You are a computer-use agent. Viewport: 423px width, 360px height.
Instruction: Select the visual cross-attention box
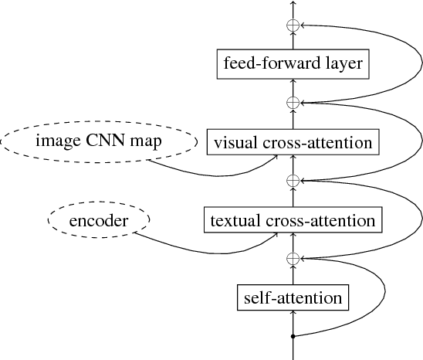pyautogui.click(x=293, y=142)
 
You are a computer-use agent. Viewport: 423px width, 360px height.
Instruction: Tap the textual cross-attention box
pyautogui.click(x=292, y=220)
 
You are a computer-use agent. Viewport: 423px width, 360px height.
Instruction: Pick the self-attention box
pyautogui.click(x=292, y=297)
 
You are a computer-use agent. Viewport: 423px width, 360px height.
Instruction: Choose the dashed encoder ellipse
pyautogui.click(x=98, y=221)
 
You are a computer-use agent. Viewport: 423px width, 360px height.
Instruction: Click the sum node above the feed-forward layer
pyautogui.click(x=293, y=25)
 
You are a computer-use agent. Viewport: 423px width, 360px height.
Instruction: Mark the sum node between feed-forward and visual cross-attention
pyautogui.click(x=293, y=102)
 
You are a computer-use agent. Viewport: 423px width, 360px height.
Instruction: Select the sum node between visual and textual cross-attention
pyautogui.click(x=293, y=181)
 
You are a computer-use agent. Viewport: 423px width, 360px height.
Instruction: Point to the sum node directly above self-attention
pyautogui.click(x=293, y=258)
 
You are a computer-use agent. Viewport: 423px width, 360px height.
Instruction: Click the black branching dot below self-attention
pyautogui.click(x=293, y=336)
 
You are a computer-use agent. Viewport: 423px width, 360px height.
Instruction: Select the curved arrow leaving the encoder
pyautogui.click(x=201, y=251)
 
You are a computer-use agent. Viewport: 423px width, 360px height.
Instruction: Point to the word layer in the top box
pyautogui.click(x=342, y=63)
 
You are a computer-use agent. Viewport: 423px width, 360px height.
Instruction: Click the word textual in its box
pyautogui.click(x=235, y=220)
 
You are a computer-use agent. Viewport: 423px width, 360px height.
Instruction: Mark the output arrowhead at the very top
pyautogui.click(x=293, y=4)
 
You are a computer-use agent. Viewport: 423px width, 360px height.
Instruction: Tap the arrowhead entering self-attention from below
pyautogui.click(x=293, y=312)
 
